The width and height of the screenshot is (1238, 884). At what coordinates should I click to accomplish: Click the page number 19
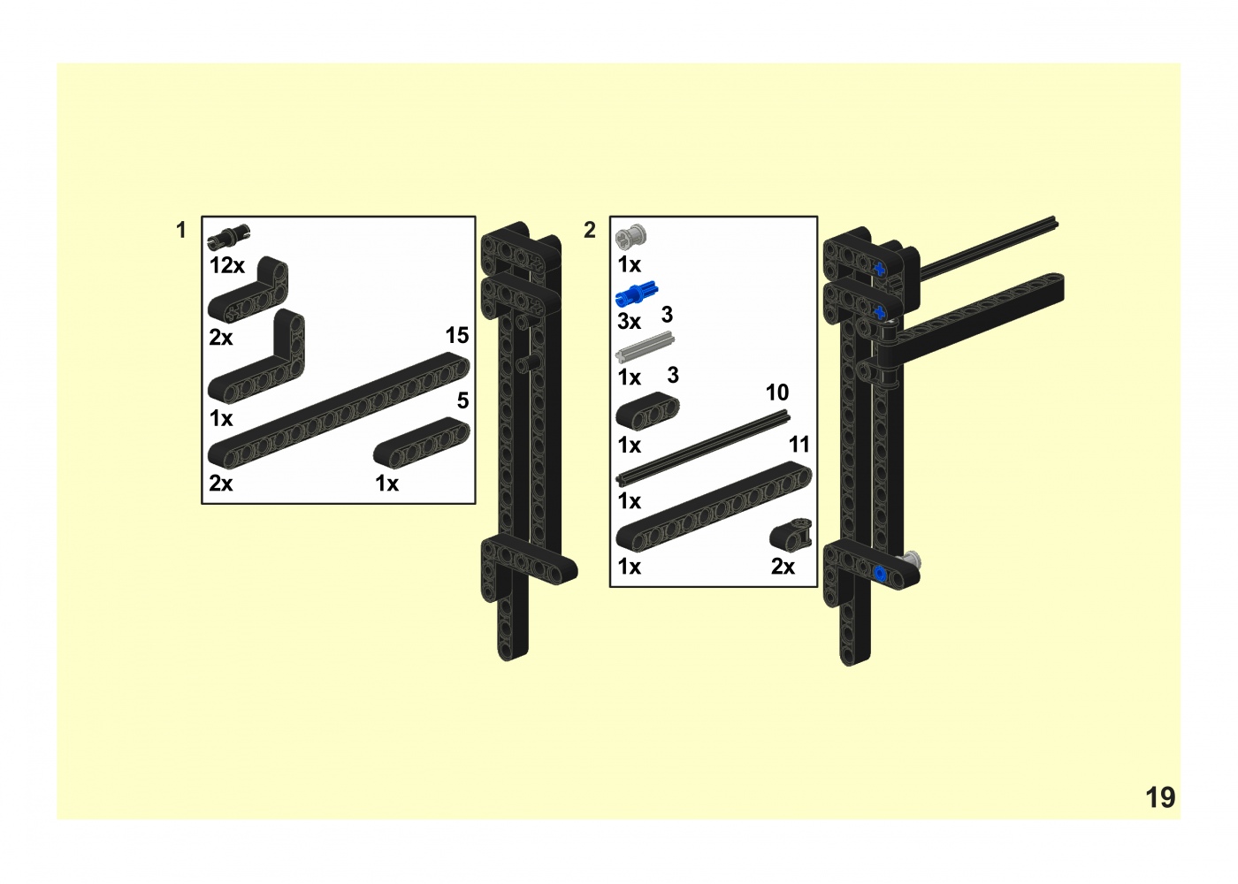click(x=1160, y=797)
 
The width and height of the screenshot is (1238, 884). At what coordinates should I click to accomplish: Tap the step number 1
click(x=180, y=230)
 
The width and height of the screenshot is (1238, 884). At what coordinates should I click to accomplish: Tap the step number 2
click(x=590, y=230)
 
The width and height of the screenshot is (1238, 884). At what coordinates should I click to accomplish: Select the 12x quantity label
click(x=226, y=266)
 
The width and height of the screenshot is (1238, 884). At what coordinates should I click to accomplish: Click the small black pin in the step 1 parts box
click(x=229, y=236)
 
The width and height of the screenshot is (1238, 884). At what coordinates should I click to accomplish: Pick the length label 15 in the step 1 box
click(x=457, y=335)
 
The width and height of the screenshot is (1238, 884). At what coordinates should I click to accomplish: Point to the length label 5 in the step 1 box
click(x=463, y=400)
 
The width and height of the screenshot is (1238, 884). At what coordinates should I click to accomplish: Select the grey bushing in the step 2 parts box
click(x=631, y=236)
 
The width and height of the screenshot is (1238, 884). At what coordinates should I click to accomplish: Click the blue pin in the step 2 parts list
click(x=637, y=293)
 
